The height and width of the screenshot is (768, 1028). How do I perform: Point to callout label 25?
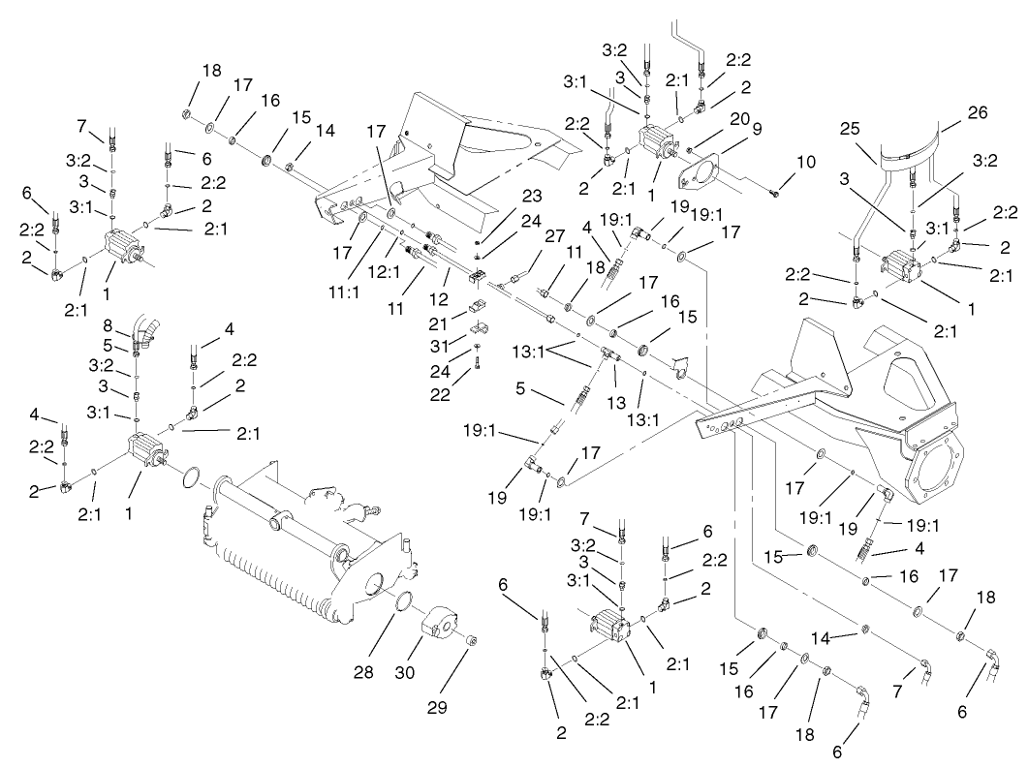click(852, 129)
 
